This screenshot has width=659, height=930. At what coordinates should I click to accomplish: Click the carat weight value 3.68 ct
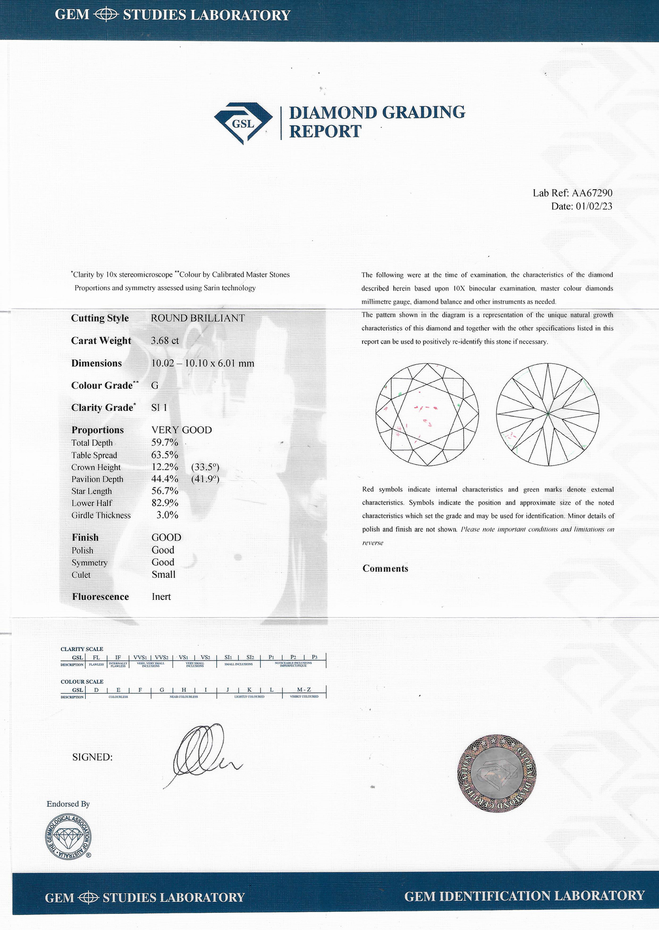(165, 341)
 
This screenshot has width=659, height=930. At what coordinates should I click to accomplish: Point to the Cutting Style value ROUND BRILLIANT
(198, 319)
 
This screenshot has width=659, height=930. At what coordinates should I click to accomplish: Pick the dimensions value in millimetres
(202, 364)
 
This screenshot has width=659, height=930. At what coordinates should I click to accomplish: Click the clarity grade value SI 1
(159, 408)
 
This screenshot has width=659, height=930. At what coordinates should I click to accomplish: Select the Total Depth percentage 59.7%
(165, 443)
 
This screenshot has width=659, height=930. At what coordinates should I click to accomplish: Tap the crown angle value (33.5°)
(205, 467)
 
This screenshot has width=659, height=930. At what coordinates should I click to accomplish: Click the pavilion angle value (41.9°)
(205, 479)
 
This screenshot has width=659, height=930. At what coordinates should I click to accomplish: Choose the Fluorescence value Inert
(161, 597)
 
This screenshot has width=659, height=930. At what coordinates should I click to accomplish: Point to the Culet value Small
(163, 575)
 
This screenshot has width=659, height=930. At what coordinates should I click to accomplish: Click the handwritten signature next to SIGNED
(205, 753)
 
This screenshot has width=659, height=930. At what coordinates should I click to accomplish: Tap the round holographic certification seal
(497, 773)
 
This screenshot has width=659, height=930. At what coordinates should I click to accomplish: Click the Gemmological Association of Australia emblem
(68, 837)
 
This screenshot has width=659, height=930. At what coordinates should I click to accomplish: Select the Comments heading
(385, 569)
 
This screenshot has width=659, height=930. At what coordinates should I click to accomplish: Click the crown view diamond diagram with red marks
(427, 414)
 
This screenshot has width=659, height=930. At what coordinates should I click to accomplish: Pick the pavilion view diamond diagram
(547, 414)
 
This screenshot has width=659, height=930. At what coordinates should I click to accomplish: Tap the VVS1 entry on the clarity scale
(140, 658)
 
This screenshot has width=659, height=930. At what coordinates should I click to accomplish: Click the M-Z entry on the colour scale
(304, 690)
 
